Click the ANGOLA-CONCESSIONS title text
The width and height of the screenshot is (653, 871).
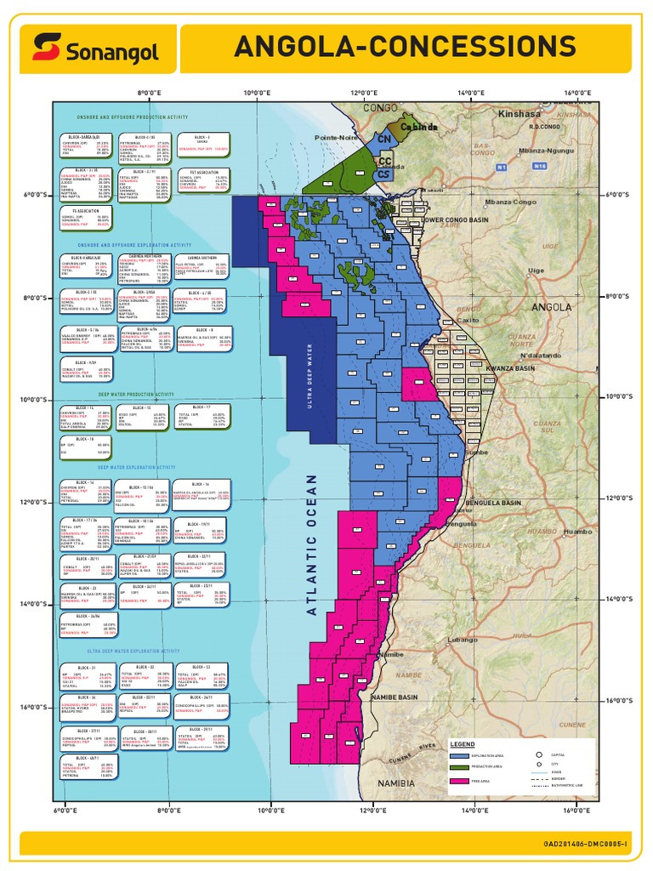(405, 47)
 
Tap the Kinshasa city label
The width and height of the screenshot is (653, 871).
(520, 113)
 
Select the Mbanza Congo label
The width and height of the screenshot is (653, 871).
(510, 202)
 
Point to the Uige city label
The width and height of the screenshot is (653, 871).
(536, 270)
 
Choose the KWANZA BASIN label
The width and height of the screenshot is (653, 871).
(510, 368)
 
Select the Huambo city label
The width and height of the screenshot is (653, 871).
(577, 531)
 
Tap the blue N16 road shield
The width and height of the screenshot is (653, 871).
(539, 167)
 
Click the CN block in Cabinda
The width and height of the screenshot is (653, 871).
(384, 139)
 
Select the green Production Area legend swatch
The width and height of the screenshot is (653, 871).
(460, 767)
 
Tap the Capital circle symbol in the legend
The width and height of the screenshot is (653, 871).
(539, 754)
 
